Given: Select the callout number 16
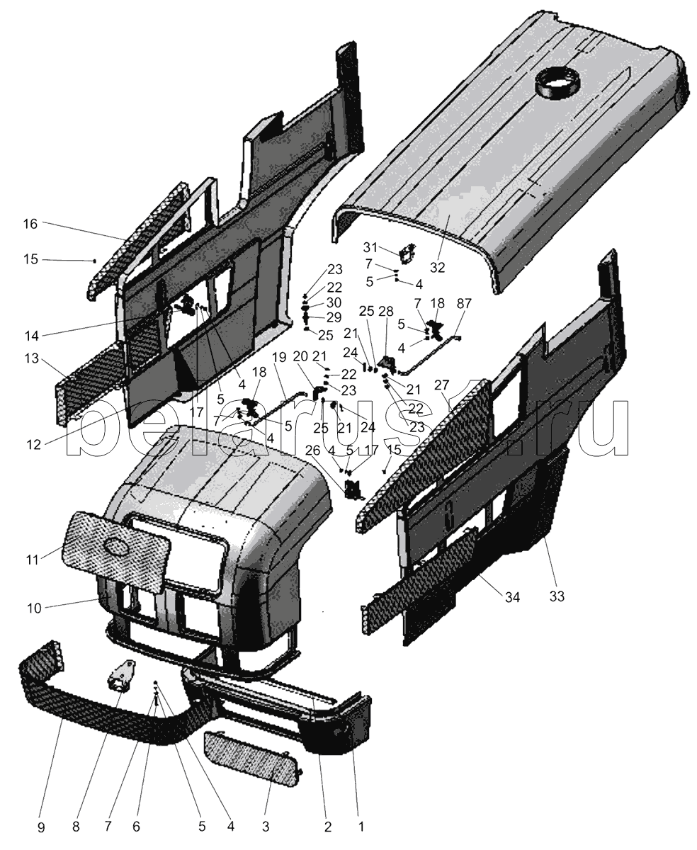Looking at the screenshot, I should click(30, 225).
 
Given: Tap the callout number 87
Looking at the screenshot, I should click(464, 303).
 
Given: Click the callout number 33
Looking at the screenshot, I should click(557, 596).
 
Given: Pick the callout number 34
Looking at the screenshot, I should click(512, 598).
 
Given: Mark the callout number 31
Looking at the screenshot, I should click(371, 247).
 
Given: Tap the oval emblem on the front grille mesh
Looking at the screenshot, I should click(115, 548).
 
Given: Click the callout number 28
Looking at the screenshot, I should click(385, 312).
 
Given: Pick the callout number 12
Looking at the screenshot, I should click(33, 444).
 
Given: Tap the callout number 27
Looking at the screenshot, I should click(442, 385).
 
